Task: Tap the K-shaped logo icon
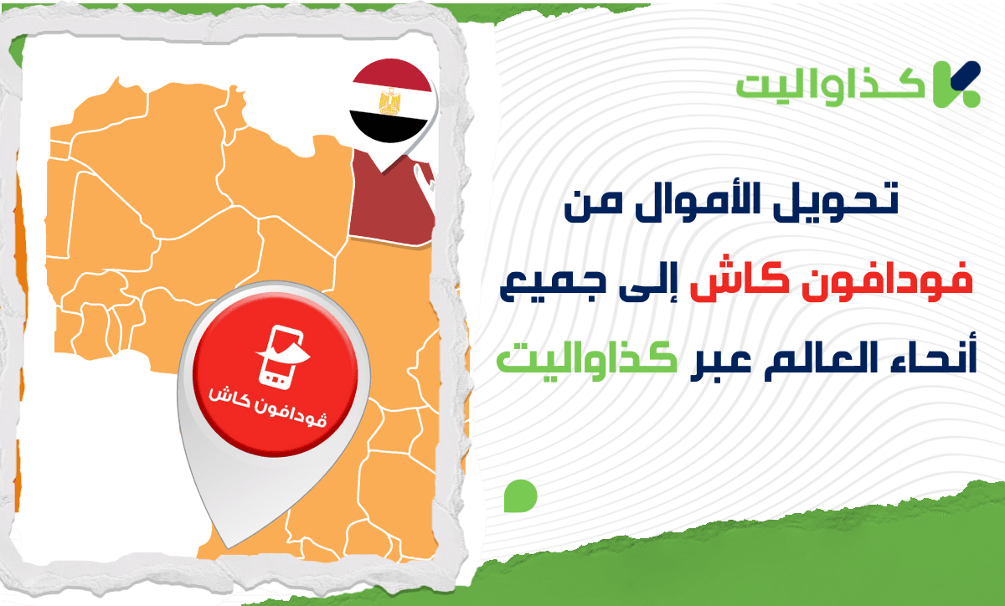(956, 85)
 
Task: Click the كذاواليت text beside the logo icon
(831, 88)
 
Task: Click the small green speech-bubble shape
(520, 496)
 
